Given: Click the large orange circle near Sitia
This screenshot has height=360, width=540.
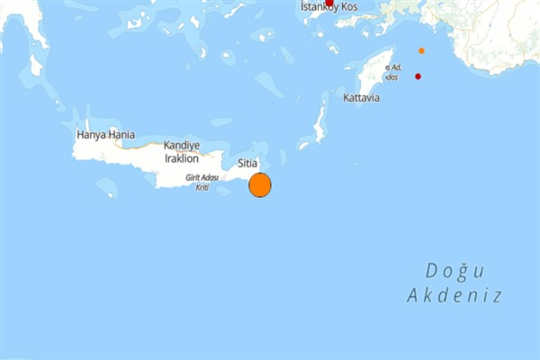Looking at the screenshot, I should point(259,184).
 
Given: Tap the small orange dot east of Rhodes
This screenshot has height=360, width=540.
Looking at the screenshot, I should point(421,50).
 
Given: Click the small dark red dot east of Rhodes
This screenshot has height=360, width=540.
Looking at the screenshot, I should point(418,76).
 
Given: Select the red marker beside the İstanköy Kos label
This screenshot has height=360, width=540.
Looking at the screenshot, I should point(328,3).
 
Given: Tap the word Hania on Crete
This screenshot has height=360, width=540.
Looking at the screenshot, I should point(121,135).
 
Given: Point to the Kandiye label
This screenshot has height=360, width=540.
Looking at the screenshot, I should point(181,146).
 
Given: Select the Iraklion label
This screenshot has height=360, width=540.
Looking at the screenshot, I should point(181,158).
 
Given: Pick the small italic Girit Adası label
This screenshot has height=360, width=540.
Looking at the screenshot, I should point(203,178).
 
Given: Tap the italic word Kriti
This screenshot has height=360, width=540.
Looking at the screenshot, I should point(203,186).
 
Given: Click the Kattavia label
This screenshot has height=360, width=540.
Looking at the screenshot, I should point(362,97).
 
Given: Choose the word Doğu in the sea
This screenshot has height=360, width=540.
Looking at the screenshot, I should point(454,271).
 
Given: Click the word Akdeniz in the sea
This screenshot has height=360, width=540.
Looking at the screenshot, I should point(454,295).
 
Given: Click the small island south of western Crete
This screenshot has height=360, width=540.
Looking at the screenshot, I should point(106,188).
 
